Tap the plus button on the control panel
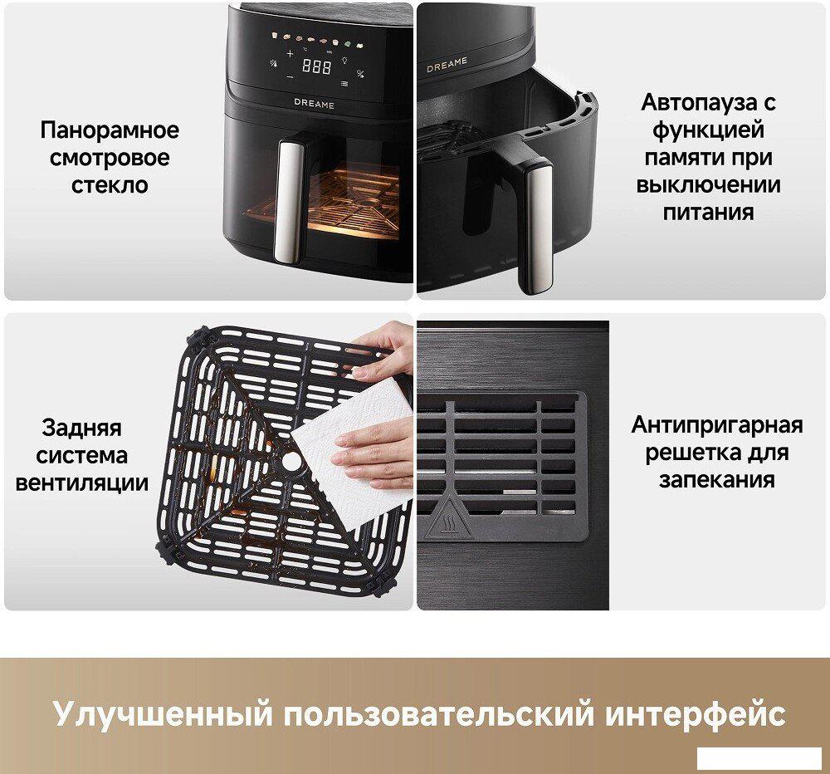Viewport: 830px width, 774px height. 290,53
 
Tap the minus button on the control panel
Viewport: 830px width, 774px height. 289,77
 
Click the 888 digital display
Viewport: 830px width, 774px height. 316,66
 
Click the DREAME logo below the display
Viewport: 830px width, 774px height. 314,104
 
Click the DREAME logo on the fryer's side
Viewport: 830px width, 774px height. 447,65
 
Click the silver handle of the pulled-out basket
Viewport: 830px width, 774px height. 535,228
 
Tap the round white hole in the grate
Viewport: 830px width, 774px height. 290,462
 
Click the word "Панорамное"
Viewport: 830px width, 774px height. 110,130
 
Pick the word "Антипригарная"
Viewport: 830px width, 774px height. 717,425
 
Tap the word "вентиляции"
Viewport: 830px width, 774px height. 82,483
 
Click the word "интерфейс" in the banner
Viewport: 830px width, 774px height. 695,714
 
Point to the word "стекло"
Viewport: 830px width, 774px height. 110,185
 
